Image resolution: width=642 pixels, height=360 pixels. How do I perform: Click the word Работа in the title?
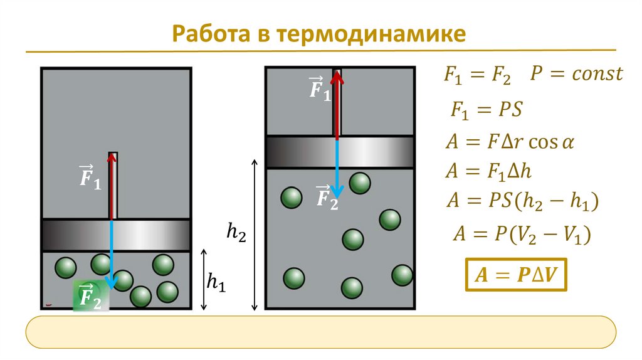(x=210, y=33)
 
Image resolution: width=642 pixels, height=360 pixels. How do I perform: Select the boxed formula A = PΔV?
(x=515, y=274)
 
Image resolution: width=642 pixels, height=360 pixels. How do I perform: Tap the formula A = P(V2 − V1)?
(x=522, y=235)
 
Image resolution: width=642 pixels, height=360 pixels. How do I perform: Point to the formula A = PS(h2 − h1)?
(x=522, y=201)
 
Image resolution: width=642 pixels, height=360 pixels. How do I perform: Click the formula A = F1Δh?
(x=488, y=171)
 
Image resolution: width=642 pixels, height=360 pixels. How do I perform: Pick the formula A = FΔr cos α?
(x=509, y=142)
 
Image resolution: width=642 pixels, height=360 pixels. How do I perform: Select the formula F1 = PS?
(x=486, y=110)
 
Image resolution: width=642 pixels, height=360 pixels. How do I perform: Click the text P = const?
(x=576, y=75)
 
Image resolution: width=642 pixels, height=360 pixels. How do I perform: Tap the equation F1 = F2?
(x=477, y=76)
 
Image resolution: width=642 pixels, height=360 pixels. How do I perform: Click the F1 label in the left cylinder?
(x=90, y=177)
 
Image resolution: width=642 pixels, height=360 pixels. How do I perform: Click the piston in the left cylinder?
(x=116, y=235)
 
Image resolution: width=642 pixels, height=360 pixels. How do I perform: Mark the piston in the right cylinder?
(x=339, y=152)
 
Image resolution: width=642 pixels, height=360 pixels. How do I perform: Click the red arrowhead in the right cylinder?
(x=337, y=78)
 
